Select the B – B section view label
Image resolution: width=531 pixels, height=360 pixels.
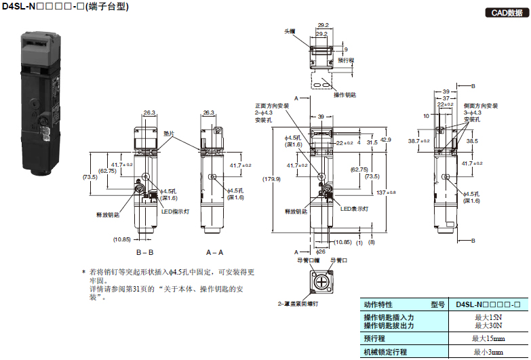(x=147, y=252)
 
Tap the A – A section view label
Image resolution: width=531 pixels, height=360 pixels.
(x=214, y=252)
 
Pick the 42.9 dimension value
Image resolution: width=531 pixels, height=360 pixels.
(x=386, y=140)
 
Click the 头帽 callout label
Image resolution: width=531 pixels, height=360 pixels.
(x=290, y=31)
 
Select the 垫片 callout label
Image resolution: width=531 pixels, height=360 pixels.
(x=170, y=134)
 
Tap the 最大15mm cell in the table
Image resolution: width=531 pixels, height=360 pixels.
(x=490, y=338)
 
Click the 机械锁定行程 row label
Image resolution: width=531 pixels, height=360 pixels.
(x=385, y=352)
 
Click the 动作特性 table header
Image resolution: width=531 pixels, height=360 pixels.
(x=378, y=304)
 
